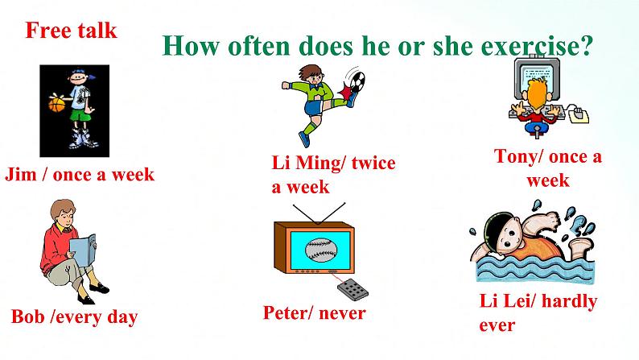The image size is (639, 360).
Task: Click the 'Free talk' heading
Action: point(71,31)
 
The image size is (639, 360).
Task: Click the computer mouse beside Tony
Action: point(578,114)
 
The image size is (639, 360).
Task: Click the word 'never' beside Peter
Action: point(341,312)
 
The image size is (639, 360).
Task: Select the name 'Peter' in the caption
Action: point(287,312)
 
